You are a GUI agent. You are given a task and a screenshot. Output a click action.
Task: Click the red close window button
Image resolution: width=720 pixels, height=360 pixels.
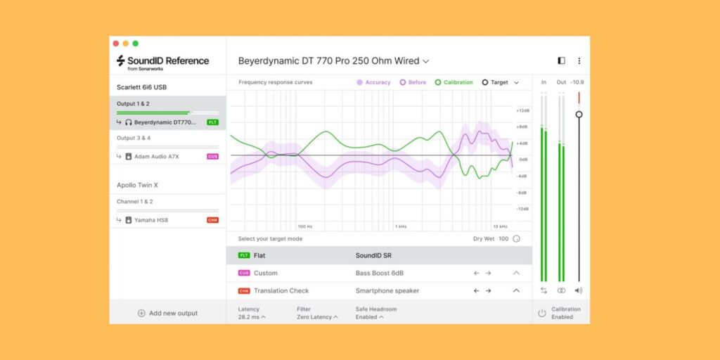117,44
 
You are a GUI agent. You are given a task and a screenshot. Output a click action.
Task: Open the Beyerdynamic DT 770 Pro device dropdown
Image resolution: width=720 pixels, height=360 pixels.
333,61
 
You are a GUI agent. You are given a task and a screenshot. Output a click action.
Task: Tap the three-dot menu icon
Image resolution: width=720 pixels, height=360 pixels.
579,61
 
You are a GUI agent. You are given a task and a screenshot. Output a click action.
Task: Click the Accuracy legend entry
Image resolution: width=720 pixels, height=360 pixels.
373,82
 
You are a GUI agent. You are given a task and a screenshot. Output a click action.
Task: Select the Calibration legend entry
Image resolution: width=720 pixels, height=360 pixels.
454,82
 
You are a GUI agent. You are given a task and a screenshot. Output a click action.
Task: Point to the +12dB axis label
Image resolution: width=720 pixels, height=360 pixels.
522,110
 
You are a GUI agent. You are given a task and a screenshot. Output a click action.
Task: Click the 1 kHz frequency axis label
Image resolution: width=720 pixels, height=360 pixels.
400,226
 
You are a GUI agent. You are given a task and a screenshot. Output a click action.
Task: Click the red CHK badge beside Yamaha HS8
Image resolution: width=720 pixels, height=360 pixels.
212,220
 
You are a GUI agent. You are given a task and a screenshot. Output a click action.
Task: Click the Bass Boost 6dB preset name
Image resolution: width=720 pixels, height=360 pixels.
380,273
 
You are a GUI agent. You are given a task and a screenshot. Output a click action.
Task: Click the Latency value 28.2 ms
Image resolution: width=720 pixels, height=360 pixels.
252,317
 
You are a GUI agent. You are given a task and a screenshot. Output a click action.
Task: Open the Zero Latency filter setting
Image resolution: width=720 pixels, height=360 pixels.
316,317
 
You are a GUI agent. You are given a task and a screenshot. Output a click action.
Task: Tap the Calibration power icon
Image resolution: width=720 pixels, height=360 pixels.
541,313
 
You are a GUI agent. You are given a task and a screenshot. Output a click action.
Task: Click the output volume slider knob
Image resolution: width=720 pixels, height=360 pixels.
579,114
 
